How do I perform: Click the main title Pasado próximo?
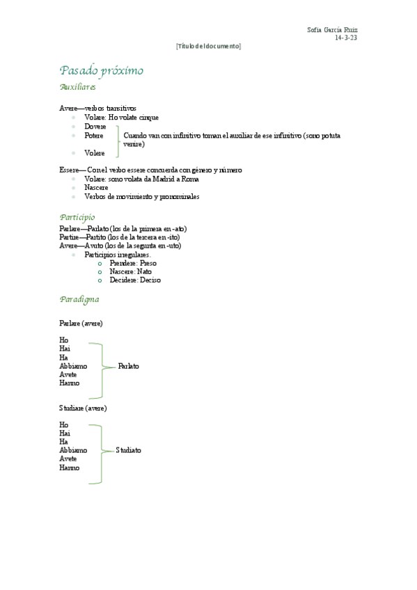coord(102,70)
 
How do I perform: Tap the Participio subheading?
coord(77,217)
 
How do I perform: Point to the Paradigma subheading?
coord(79,299)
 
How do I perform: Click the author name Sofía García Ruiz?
coord(337,30)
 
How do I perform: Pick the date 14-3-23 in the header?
coord(346,38)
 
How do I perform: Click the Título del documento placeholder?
coord(208,46)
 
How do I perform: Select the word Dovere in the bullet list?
coord(95,127)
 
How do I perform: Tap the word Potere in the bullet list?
coord(94,136)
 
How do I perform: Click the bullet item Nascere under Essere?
coord(96,188)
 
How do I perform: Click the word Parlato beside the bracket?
coord(129,366)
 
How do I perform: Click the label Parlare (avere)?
coord(81,324)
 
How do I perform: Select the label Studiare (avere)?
coord(83,408)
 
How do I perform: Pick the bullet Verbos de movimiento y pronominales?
coord(141,197)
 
